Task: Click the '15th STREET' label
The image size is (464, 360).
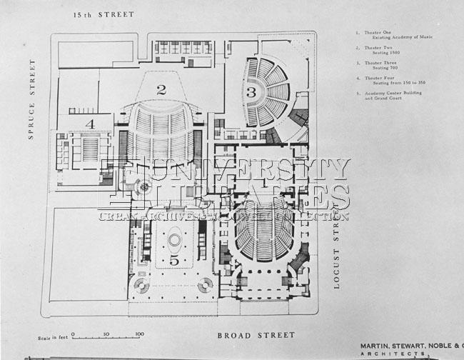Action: pyautogui.click(x=104, y=14)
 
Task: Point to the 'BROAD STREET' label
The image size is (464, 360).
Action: pyautogui.click(x=256, y=334)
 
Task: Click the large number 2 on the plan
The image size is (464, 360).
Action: pyautogui.click(x=161, y=89)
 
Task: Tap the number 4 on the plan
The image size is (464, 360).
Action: pyautogui.click(x=90, y=124)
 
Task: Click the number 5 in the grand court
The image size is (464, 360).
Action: pyautogui.click(x=174, y=261)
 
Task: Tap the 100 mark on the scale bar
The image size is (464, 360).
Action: pyautogui.click(x=139, y=334)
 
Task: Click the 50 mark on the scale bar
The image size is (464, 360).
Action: pyautogui.click(x=106, y=334)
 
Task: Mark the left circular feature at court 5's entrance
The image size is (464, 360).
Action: pyautogui.click(x=141, y=286)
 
